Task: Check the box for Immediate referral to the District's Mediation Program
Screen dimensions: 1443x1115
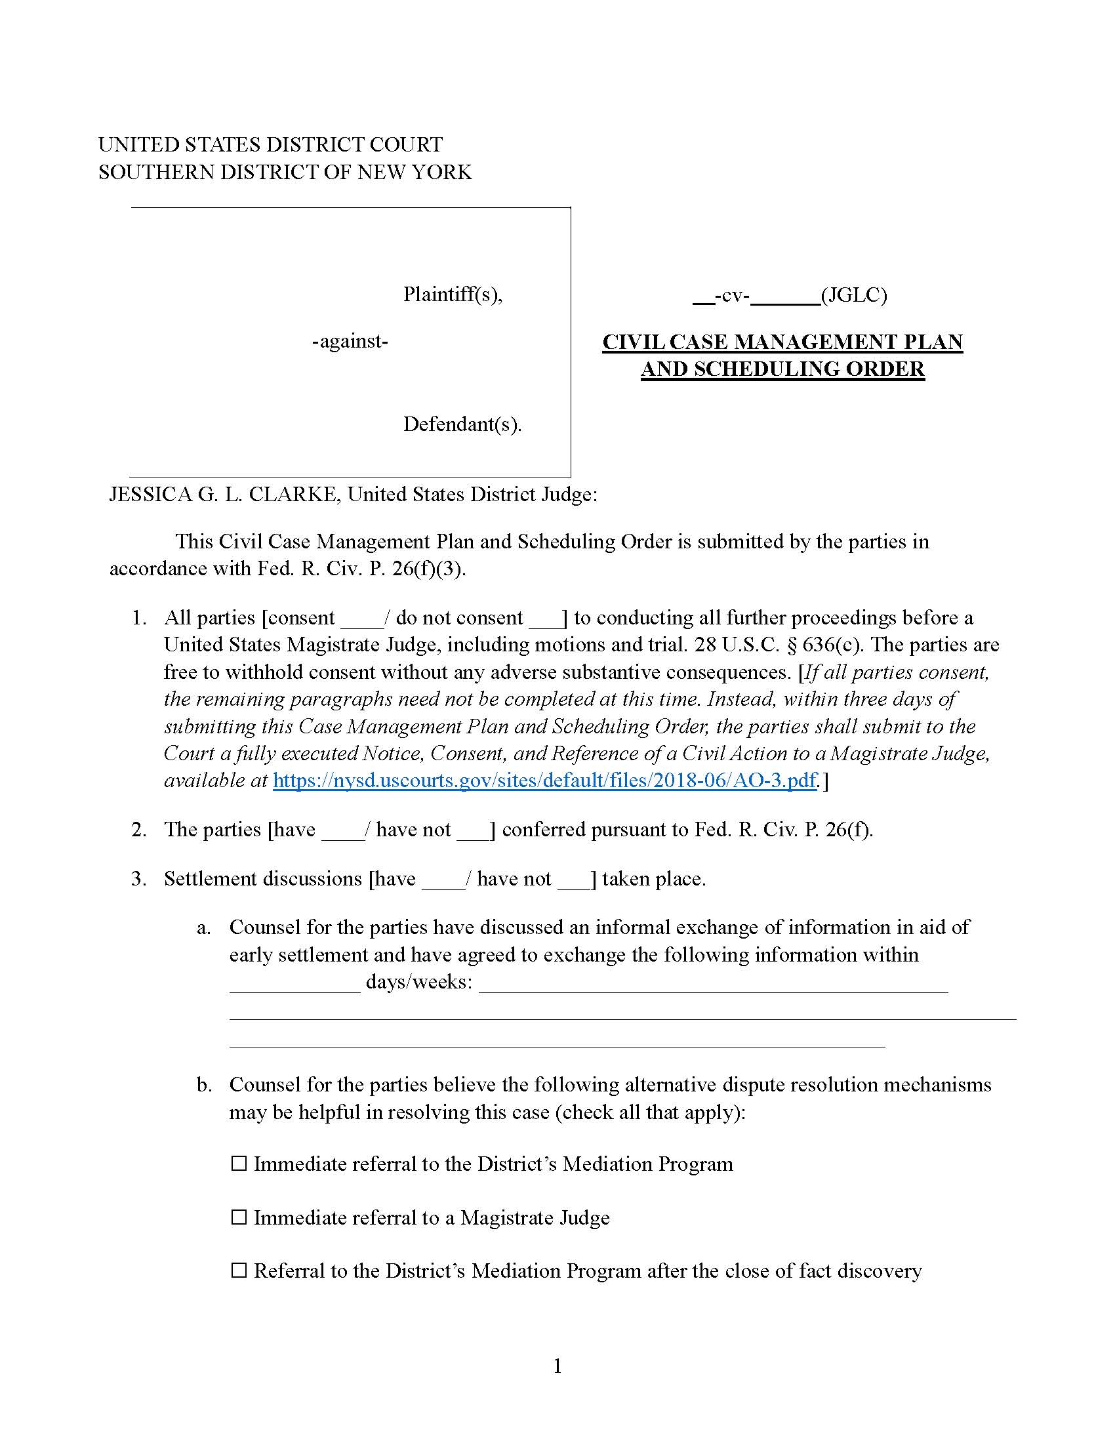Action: (x=239, y=1163)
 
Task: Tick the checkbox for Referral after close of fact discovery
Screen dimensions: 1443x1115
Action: (x=239, y=1270)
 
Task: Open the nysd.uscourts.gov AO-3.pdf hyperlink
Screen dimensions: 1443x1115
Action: (x=544, y=781)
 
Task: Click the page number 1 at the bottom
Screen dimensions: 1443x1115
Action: (x=557, y=1366)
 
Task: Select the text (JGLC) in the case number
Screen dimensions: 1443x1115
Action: (x=853, y=295)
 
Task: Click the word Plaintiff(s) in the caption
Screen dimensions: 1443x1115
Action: (x=453, y=294)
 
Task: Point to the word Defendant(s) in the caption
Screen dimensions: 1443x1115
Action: (x=462, y=424)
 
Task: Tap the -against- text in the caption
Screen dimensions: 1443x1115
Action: (x=350, y=342)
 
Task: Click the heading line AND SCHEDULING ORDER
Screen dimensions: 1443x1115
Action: (x=782, y=369)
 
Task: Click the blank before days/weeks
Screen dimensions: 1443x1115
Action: (x=294, y=983)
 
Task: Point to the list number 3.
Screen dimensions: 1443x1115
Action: (x=138, y=879)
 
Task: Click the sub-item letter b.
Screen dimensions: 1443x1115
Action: (x=204, y=1085)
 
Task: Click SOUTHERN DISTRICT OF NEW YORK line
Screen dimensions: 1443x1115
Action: (x=285, y=172)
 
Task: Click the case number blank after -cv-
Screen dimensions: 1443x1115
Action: (x=784, y=296)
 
